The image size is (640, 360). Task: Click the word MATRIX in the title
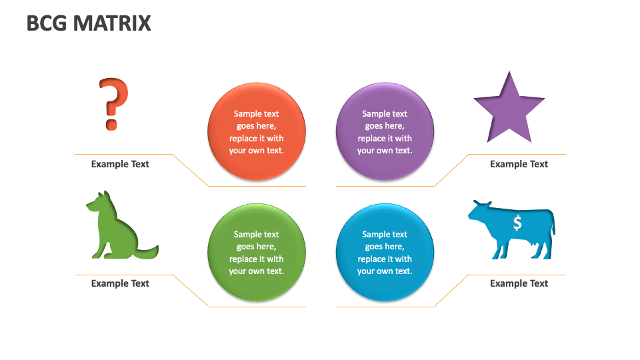coord(112,23)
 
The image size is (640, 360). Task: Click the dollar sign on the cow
coord(517,223)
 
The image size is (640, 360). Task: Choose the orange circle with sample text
coord(257,132)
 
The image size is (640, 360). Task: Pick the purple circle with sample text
coord(385,132)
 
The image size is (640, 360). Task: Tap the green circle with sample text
coord(257,253)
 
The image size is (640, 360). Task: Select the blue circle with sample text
coord(385,253)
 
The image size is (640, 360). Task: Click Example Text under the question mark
coord(120,164)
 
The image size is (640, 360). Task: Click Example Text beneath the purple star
coord(519,164)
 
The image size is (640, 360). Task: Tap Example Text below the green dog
coord(120,283)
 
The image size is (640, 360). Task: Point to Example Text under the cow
coord(519,283)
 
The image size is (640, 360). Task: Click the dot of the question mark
coord(111,124)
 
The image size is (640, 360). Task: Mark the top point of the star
coord(509,74)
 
